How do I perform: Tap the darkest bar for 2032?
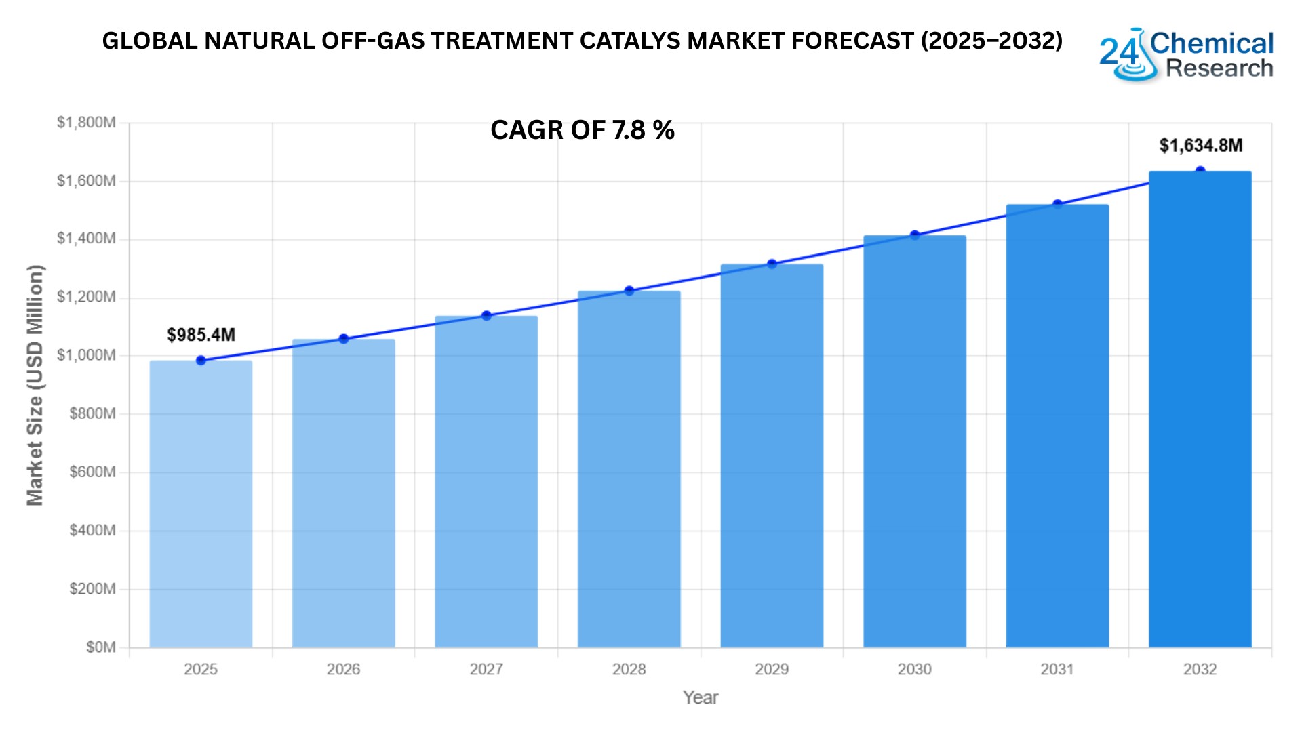[1200, 409]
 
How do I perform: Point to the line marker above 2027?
[486, 316]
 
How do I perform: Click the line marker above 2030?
[915, 235]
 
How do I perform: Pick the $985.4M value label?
[201, 335]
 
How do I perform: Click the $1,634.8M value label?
[1200, 146]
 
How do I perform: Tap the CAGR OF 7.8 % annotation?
[582, 130]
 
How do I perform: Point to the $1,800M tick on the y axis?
[86, 123]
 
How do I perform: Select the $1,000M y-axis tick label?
[86, 355]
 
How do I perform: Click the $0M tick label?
[101, 647]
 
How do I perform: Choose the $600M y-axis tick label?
[92, 472]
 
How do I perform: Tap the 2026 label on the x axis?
[343, 670]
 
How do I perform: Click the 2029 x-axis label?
[772, 670]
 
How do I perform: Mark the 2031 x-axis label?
[1057, 670]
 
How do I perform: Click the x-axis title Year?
[700, 697]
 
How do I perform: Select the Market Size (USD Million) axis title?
[35, 385]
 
